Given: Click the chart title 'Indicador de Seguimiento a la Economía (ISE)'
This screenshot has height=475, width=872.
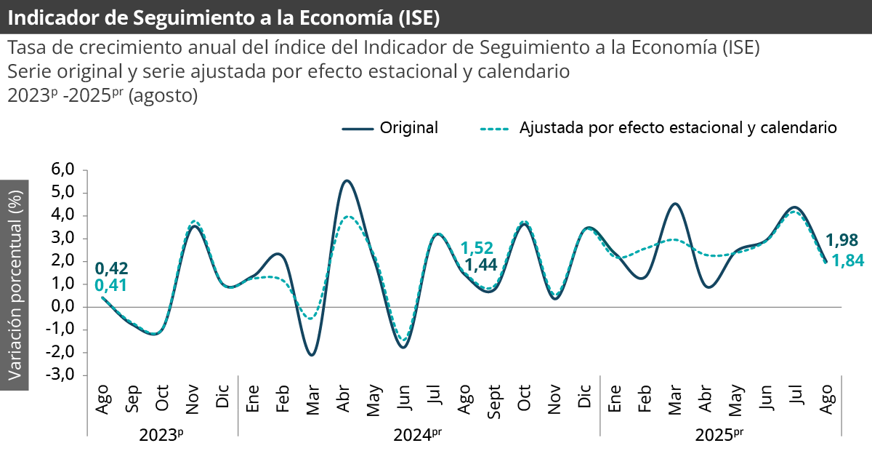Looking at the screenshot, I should coord(224,17).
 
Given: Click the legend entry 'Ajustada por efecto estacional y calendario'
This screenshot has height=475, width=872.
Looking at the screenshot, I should coord(678,128).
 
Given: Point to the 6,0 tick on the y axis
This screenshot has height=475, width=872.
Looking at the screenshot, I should coord(63,169).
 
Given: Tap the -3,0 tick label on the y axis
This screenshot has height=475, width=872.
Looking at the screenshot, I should coord(62,375).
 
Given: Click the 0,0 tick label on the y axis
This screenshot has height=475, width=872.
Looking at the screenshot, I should coord(63,307).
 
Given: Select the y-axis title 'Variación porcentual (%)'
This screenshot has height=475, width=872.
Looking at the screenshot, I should coord(15,284).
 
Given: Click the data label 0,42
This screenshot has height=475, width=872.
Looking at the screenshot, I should coord(111,268).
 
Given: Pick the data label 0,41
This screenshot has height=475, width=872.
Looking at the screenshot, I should coord(111,286).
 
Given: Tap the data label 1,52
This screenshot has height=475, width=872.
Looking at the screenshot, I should coord(477,248).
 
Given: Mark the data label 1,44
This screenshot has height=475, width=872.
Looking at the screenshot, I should coord(480,265).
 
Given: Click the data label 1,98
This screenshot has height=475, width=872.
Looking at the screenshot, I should coord(841,240).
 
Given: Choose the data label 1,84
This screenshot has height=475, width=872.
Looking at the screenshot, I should coord(847,260).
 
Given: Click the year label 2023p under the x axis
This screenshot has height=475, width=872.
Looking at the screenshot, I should coord(161,435).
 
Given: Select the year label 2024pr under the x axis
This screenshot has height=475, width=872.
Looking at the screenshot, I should coord(417,435).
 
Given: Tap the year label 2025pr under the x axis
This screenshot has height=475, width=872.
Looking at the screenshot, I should coord(719,435).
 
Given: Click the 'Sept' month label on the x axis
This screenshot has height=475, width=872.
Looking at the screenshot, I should coord(494,399).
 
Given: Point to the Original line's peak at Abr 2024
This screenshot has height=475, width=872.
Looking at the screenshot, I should coord(347,180).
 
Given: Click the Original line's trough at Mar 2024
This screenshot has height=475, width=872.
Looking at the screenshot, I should coord(312,355).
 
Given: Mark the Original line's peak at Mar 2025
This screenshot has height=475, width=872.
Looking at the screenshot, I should coord(675,204).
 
